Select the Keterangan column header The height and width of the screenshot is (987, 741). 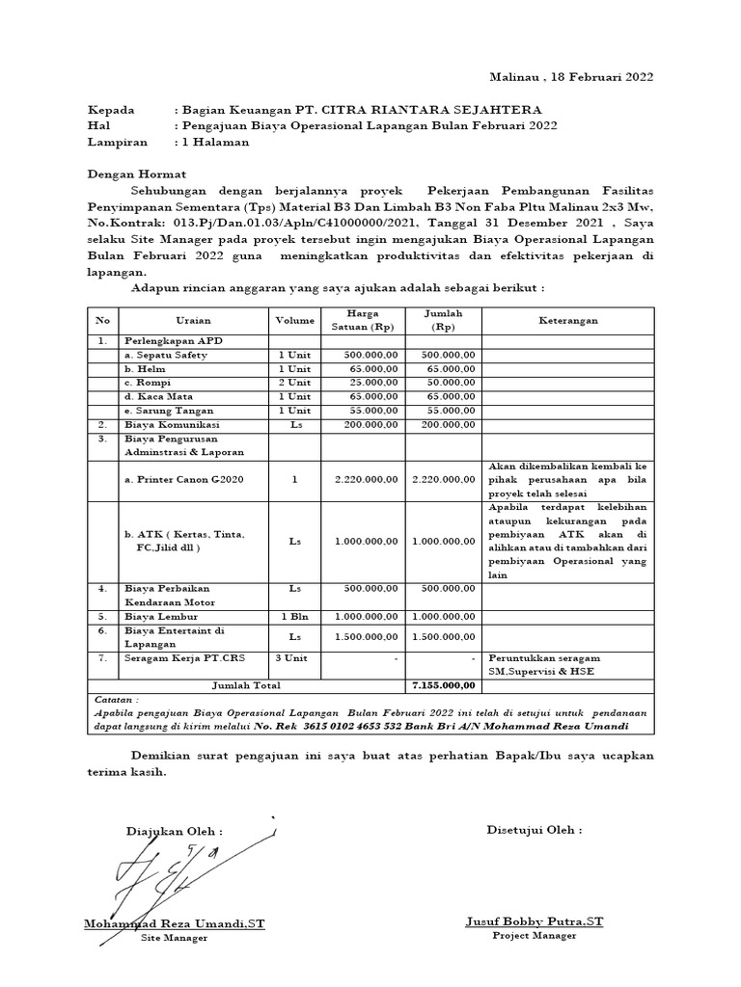pos(567,321)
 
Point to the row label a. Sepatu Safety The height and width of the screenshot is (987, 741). pos(165,356)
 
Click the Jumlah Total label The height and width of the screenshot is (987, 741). pos(246,686)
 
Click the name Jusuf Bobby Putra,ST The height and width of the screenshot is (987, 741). pos(534,922)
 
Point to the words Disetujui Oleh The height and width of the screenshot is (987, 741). pos(534,830)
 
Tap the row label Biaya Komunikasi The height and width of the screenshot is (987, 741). pos(172,424)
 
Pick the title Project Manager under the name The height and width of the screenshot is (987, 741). pos(534,936)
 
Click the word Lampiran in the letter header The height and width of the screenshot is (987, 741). pos(118,142)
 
